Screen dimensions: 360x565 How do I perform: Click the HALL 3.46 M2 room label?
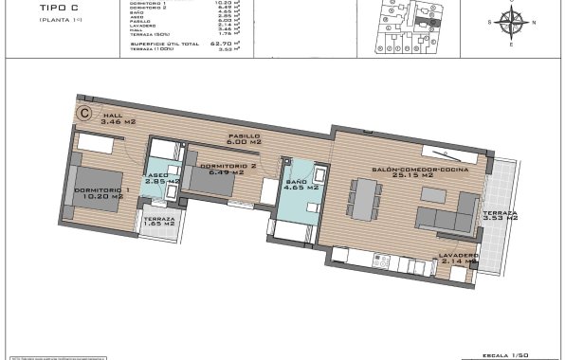pos(100,119)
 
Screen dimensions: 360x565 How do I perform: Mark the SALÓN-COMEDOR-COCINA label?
pos(402,171)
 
